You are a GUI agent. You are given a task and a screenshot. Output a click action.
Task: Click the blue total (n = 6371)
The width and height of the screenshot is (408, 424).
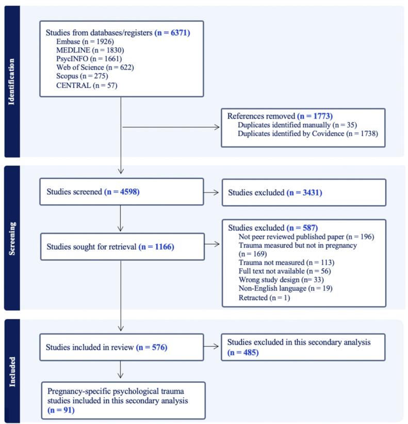pyautogui.click(x=172, y=32)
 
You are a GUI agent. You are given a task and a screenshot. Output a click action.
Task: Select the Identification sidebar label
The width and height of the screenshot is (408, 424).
pyautogui.click(x=12, y=81)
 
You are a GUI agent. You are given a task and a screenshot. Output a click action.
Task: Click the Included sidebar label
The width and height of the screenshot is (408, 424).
pyautogui.click(x=12, y=371)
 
